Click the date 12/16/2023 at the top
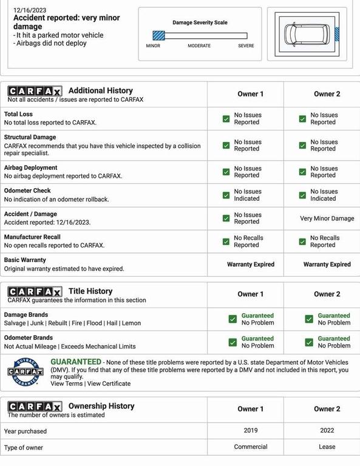29,10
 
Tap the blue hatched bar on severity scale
158,36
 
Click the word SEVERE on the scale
246,46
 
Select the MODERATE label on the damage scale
199,46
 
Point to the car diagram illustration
307,35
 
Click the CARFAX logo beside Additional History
34,91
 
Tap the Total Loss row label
18,114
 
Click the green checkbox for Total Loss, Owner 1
226,119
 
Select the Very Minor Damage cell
327,218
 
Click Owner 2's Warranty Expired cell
327,265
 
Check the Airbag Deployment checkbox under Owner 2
302,172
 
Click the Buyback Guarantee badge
25,371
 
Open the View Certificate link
109,383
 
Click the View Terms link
66,383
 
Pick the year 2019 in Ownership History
250,431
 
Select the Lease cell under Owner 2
327,447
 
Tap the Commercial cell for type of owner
250,447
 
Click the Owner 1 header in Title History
250,294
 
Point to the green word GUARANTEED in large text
76,362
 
